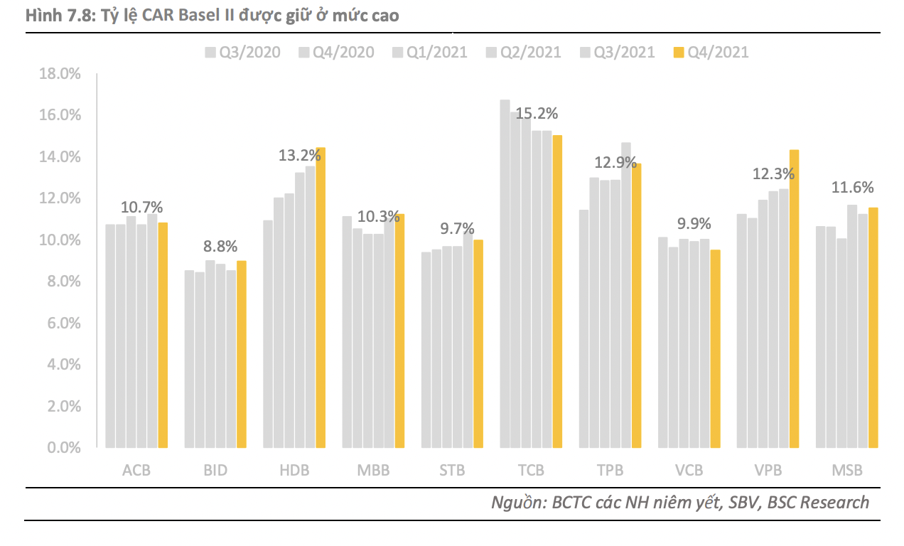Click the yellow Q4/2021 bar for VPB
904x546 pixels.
tap(794, 299)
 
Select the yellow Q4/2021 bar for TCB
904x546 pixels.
tap(557, 291)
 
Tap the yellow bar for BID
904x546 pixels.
tap(242, 354)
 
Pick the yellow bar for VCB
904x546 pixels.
tap(715, 348)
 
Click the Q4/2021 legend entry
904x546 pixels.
tap(710, 52)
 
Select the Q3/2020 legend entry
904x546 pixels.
tap(242, 52)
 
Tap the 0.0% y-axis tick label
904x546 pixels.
tap(64, 448)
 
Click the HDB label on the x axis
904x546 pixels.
tap(294, 471)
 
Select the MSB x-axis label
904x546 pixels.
tap(846, 471)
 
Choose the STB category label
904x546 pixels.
tap(452, 471)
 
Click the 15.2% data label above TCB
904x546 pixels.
tap(537, 114)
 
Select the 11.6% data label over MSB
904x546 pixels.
tap(853, 188)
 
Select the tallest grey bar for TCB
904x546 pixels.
tap(505, 274)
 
